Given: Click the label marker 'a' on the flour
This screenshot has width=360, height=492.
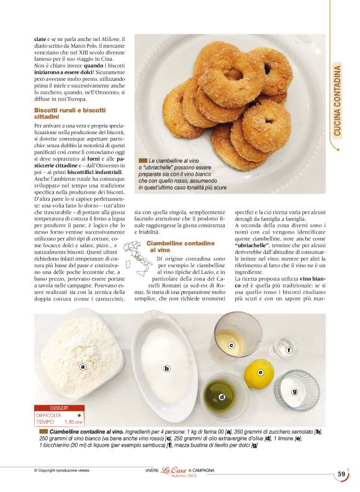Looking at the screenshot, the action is (x=83, y=367).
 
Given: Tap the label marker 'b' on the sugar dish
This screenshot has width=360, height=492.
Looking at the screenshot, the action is (x=167, y=368).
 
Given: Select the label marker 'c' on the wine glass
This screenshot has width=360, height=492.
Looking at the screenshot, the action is (x=231, y=345).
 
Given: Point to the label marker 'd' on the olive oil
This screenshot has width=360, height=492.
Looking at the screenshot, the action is (x=222, y=396).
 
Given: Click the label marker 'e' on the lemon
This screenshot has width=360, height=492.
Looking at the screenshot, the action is (x=261, y=372).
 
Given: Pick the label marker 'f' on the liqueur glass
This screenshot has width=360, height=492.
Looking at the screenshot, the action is (x=289, y=350).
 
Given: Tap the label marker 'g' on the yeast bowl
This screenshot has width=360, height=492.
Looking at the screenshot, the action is (x=294, y=391).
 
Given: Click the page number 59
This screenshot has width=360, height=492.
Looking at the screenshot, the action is (x=341, y=474).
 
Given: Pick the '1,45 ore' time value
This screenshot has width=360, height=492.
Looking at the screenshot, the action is (x=73, y=421).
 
